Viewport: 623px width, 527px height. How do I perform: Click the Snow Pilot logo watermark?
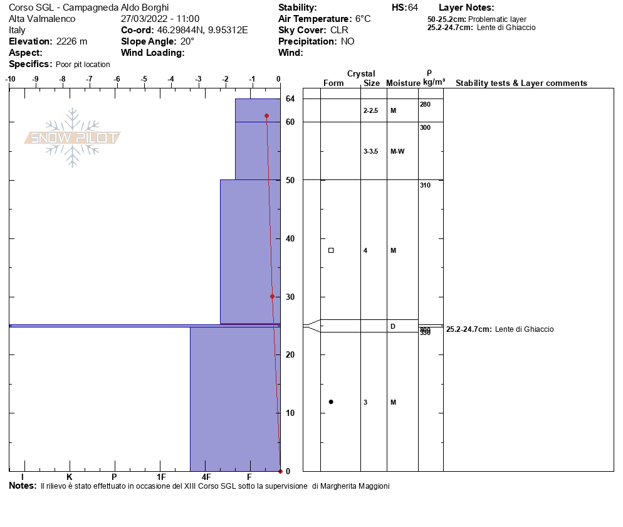[73, 137]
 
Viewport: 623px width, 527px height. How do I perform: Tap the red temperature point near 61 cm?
[266, 116]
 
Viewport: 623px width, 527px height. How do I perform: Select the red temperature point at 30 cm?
[272, 297]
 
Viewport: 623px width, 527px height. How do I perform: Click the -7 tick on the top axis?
[90, 79]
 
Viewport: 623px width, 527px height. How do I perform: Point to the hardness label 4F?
[206, 477]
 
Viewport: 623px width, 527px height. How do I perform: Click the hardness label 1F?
[161, 477]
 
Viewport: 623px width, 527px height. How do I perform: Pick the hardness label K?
[70, 477]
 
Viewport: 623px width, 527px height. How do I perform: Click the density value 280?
[426, 104]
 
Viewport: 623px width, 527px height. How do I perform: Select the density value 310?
[426, 185]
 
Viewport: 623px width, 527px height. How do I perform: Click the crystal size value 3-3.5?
[371, 151]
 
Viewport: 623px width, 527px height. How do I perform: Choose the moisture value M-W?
[397, 151]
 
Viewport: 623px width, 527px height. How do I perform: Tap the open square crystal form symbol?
[331, 250]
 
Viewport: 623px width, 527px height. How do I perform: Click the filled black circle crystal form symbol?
[331, 402]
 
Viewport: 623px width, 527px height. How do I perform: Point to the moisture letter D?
[393, 326]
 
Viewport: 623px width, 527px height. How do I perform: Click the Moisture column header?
[402, 83]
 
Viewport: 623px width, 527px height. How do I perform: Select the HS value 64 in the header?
[413, 8]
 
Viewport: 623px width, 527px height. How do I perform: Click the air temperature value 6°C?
[363, 19]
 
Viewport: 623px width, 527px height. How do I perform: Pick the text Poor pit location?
[83, 65]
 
